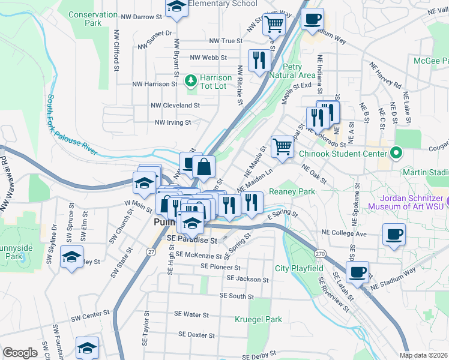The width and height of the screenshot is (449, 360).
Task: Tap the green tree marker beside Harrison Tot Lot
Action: click(191, 79)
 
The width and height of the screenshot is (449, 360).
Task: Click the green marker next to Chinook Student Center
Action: click(396, 153)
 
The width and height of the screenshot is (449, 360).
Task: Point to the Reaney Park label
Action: click(292, 191)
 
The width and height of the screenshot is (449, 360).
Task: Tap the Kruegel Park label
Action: click(259, 320)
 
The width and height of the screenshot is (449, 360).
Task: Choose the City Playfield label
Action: click(299, 268)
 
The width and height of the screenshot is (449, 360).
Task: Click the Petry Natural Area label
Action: click(292, 71)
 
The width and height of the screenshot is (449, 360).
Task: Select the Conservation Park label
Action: click(93, 19)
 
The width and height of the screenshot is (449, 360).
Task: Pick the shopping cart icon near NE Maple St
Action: click(282, 145)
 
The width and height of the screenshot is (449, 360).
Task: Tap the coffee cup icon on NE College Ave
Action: click(394, 235)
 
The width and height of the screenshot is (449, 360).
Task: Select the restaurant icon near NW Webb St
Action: click(259, 60)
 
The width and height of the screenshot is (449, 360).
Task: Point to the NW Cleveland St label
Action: click(175, 105)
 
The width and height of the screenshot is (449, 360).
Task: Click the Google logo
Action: click(20, 353)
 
